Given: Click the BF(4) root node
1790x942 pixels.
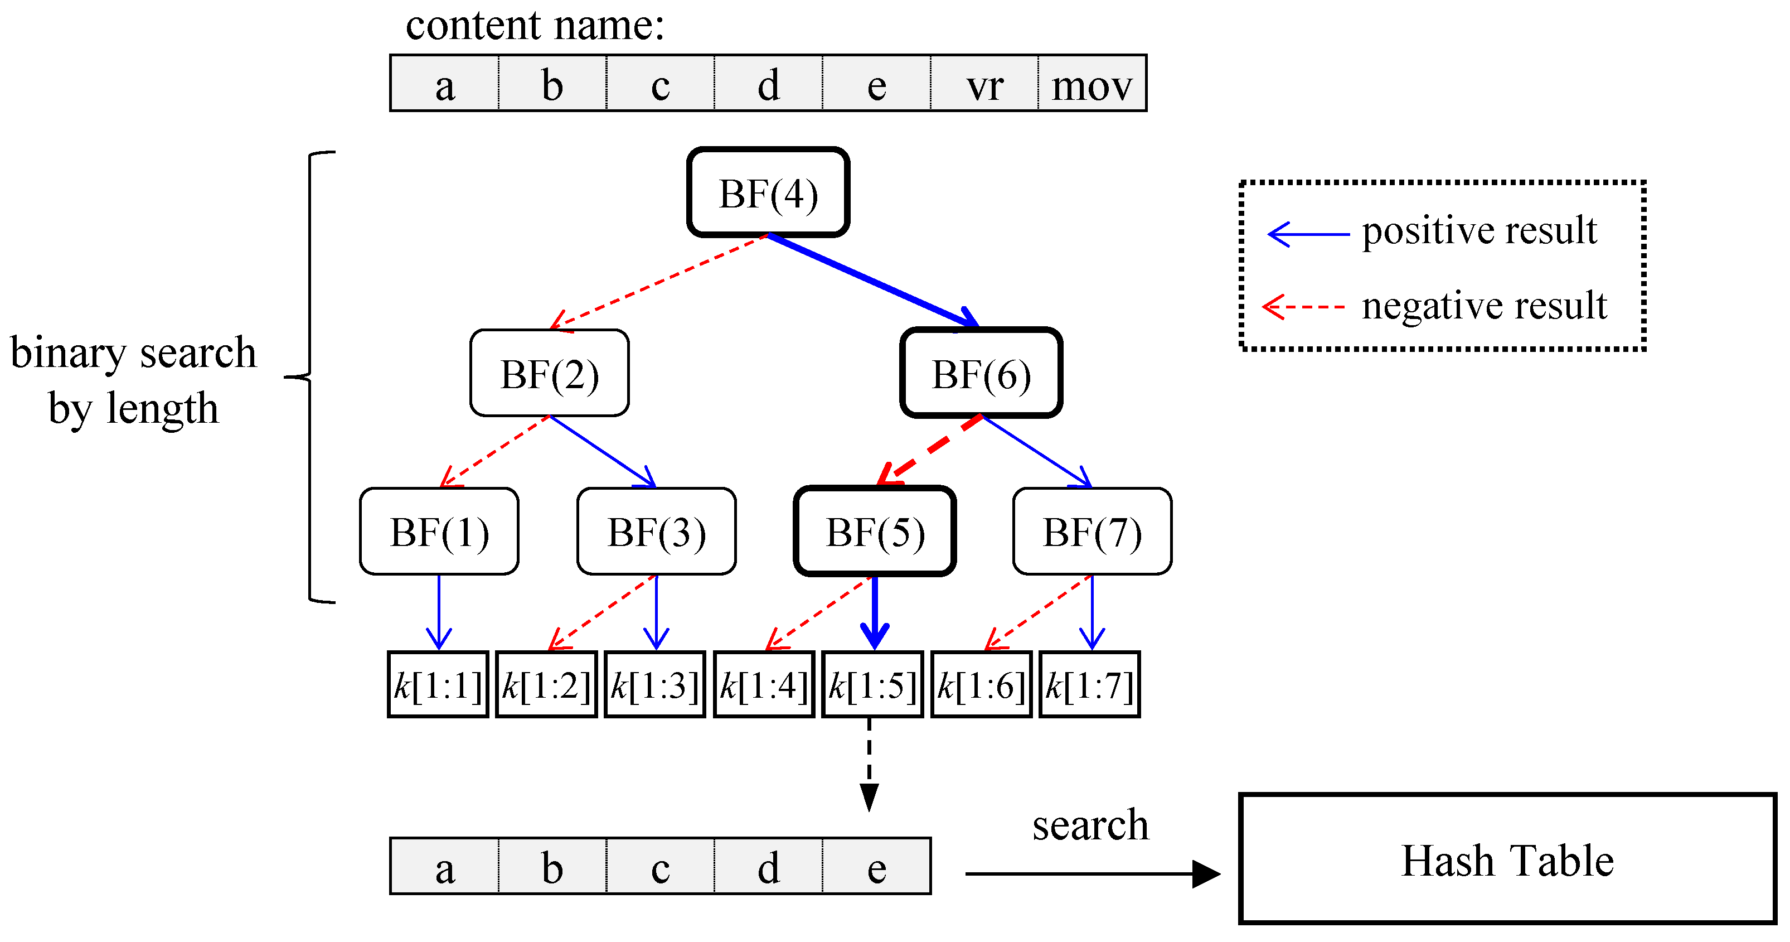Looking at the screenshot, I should [x=768, y=192].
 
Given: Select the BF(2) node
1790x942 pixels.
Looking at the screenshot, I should [x=549, y=373].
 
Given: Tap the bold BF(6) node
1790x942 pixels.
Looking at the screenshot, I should [x=981, y=373].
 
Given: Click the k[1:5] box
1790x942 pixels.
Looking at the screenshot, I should [x=872, y=685].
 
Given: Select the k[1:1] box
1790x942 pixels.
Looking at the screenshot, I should [x=438, y=685].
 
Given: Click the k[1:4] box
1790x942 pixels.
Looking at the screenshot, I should [x=764, y=685].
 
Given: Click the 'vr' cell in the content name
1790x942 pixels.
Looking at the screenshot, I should [x=984, y=84].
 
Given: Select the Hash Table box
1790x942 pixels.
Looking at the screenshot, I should [x=1506, y=859].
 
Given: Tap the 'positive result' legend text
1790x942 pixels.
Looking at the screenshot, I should [x=1479, y=230].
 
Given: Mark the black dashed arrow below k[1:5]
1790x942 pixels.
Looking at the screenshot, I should [x=869, y=765].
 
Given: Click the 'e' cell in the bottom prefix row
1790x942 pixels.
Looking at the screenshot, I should [x=876, y=867].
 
